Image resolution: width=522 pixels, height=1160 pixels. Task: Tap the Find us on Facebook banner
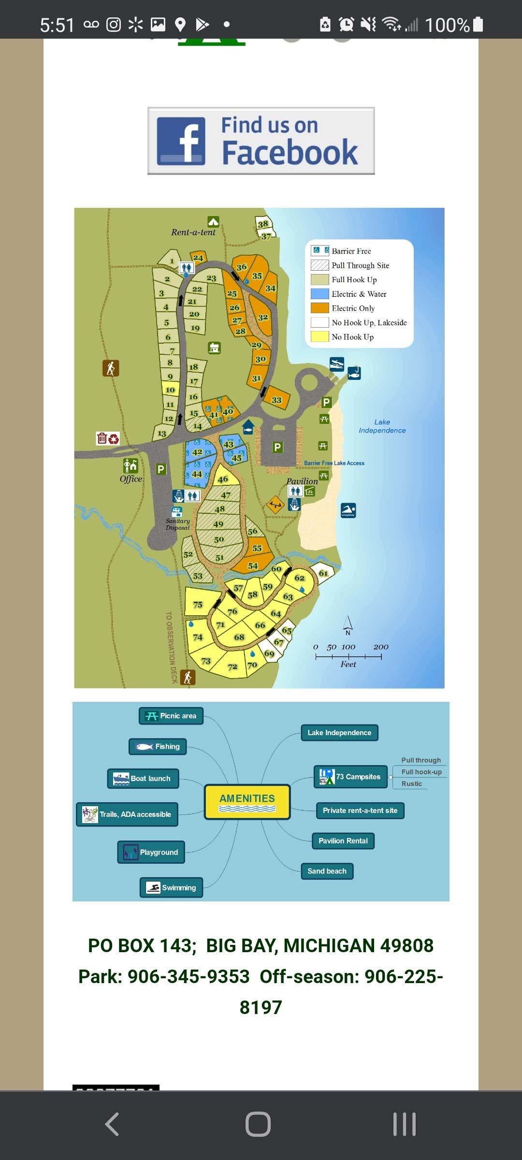coord(261,141)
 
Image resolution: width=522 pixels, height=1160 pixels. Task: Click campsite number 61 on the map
coord(323,573)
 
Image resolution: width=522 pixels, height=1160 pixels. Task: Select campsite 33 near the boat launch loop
coord(276,400)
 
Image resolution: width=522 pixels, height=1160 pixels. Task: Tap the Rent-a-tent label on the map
coord(193,232)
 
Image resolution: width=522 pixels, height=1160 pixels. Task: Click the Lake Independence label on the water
coord(382,426)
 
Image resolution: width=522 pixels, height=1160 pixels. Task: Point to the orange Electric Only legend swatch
coord(319,308)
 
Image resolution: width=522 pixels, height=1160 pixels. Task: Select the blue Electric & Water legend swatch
coord(319,294)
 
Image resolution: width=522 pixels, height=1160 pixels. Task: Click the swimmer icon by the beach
coord(348,510)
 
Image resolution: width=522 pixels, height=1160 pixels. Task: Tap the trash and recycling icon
coord(107,438)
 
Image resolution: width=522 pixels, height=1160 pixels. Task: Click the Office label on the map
coord(130,479)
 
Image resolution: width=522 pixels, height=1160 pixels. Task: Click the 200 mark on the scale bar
coord(381,647)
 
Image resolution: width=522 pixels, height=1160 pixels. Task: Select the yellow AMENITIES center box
coord(247,802)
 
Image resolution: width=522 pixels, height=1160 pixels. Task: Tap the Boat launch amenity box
coord(143,778)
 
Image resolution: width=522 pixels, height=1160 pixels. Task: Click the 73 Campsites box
coord(351,777)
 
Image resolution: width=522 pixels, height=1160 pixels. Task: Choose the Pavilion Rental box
coord(343,841)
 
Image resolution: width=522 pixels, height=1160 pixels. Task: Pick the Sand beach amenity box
coord(327,871)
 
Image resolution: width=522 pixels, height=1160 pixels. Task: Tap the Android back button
coord(112,1124)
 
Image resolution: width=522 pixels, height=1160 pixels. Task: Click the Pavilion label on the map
coord(302,481)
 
